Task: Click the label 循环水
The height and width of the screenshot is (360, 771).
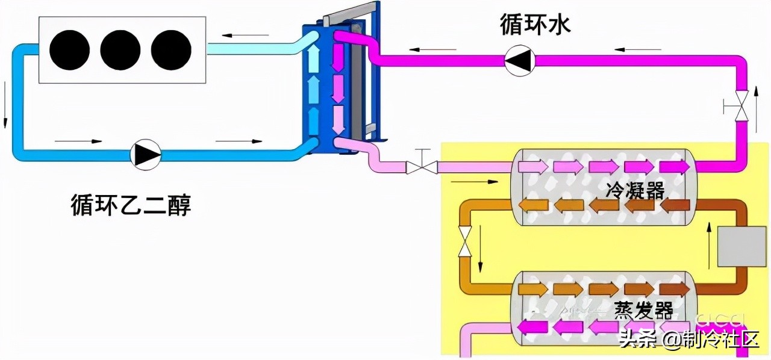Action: (535, 25)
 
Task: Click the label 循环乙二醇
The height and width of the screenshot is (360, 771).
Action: (131, 205)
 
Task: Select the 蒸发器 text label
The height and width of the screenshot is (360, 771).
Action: (643, 311)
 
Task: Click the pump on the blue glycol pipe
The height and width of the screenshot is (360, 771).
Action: (146, 155)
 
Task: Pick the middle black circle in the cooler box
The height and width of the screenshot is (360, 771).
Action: (120, 50)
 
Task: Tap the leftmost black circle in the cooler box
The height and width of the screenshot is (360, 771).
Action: (69, 50)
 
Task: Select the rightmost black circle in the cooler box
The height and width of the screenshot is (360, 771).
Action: (171, 50)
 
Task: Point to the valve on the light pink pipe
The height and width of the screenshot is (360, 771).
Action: (422, 167)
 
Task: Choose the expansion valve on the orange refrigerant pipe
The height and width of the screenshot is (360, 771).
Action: (464, 241)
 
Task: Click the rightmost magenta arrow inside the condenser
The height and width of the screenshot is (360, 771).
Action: (674, 167)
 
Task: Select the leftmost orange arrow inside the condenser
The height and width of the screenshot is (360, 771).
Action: (532, 205)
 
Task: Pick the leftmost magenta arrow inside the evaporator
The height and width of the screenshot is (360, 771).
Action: (532, 327)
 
